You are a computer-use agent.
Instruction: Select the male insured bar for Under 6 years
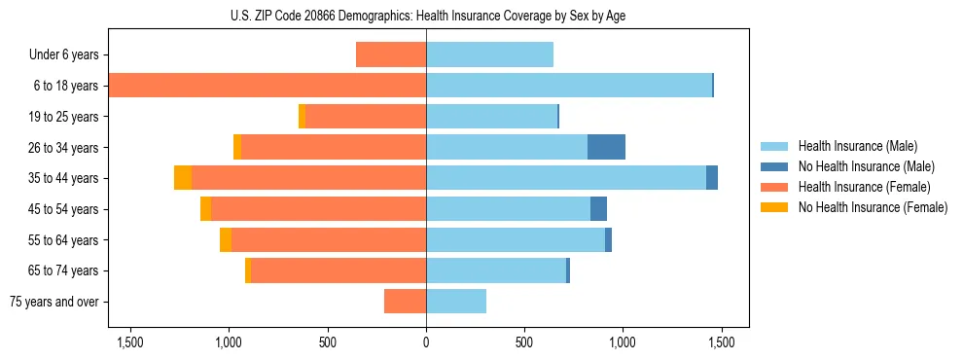(x=489, y=54)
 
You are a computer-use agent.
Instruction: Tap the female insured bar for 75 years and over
(x=405, y=302)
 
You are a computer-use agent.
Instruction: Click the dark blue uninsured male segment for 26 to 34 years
(x=606, y=147)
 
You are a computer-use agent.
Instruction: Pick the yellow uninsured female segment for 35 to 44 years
(x=183, y=178)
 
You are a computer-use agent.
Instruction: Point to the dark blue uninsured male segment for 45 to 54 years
(x=598, y=209)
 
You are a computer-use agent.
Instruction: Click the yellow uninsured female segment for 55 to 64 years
(x=226, y=240)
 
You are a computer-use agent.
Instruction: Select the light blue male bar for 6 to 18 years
(x=569, y=86)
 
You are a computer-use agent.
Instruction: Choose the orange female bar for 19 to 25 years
(x=366, y=117)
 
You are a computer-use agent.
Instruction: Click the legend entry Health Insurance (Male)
(x=857, y=146)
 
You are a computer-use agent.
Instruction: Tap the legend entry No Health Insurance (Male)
(x=866, y=166)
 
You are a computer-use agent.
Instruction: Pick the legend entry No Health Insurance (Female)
(x=872, y=207)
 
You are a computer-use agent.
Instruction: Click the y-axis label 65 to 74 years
(x=64, y=271)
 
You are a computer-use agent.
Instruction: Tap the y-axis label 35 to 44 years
(x=64, y=179)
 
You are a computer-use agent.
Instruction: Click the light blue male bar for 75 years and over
(x=456, y=302)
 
